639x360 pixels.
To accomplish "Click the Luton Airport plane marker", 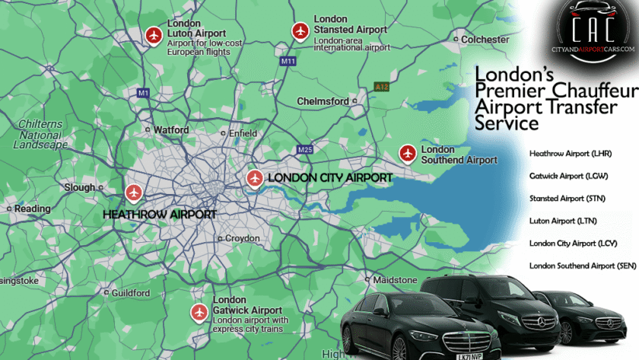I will pos(154,36).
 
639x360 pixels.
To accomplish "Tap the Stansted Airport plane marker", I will pos(299,30).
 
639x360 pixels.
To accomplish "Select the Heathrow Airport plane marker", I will pos(135,193).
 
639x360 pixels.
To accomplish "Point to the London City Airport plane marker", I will pos(255,179).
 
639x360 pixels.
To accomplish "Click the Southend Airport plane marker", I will pos(408,154).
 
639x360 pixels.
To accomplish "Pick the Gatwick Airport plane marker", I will pos(199,312).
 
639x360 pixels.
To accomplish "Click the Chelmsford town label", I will pos(323,101).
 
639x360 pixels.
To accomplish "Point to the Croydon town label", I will pos(242,238).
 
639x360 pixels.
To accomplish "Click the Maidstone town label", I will pos(394,280).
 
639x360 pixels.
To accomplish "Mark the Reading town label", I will pos(32,209).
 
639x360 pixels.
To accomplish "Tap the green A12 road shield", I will pos(382,88).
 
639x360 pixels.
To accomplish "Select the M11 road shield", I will pos(288,61).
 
